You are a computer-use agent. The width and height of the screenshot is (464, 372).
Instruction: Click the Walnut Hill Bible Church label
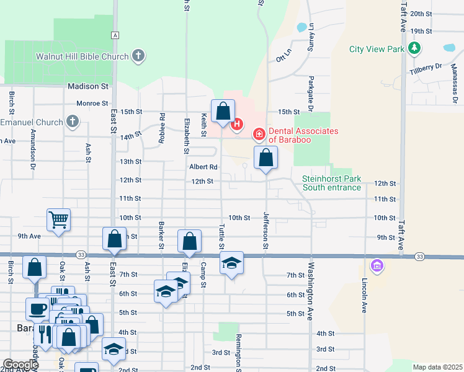coord(82,56)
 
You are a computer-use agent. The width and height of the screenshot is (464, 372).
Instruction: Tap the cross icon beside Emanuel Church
coord(73,122)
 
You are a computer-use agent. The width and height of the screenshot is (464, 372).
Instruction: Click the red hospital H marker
coord(236,125)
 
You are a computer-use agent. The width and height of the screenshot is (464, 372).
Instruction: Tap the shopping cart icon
coord(58,219)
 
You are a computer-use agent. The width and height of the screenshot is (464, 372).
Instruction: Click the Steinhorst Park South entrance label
coord(331,183)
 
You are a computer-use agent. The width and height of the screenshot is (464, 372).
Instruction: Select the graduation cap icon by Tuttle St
coord(231,263)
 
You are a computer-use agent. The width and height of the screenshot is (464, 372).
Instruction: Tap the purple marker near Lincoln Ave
coord(375,267)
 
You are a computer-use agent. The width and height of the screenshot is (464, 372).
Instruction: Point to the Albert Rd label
coord(203,167)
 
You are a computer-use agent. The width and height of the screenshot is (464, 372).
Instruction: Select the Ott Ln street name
coord(283,60)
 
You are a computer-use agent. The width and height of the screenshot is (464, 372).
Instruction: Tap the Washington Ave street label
coord(310,293)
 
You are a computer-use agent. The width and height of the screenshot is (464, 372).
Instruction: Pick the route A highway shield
coord(115,35)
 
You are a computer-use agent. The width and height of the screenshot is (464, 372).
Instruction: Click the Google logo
coord(20,365)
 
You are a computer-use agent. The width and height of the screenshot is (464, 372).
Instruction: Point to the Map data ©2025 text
coord(437,367)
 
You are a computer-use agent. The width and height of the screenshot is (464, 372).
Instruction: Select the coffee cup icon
coord(36,308)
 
